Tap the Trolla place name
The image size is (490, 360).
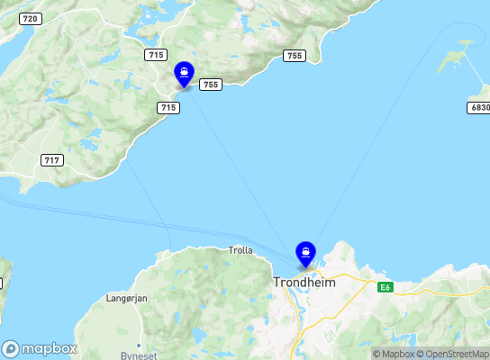click(x=241, y=250)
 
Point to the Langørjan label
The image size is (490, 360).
click(x=126, y=298)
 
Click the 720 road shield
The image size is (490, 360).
click(x=30, y=19)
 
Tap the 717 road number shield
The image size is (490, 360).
click(x=52, y=160)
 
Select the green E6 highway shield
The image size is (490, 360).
click(x=386, y=287)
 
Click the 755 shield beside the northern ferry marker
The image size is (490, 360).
click(x=210, y=85)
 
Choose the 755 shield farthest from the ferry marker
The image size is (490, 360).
click(x=294, y=56)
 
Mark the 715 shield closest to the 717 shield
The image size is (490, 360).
click(x=168, y=107)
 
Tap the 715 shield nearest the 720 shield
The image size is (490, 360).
click(x=155, y=55)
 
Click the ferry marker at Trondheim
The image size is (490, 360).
click(x=305, y=253)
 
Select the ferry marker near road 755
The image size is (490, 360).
click(x=184, y=73)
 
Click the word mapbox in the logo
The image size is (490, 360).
click(x=50, y=348)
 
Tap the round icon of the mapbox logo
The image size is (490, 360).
click(x=11, y=348)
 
